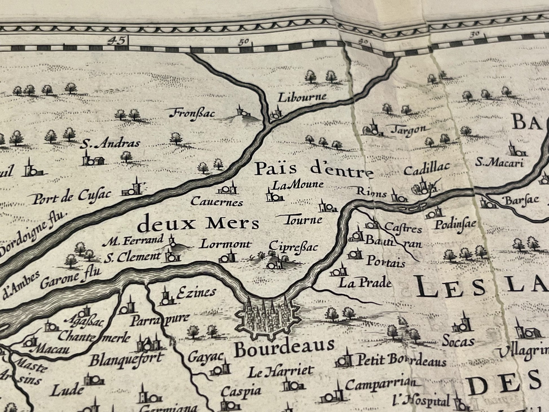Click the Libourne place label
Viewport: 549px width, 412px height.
point(302,97)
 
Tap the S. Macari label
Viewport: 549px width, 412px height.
point(499,163)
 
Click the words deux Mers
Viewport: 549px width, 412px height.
point(199,224)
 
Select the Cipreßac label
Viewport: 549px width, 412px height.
point(293,246)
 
